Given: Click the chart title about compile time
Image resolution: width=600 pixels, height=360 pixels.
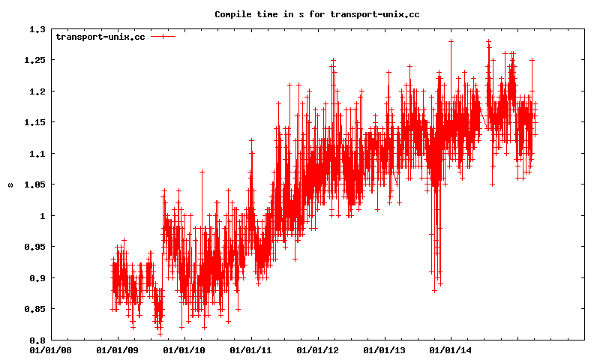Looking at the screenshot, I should pyautogui.click(x=316, y=14).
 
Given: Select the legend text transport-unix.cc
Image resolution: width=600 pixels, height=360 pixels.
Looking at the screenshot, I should pyautogui.click(x=100, y=37).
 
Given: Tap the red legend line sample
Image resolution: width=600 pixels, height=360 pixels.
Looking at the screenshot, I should pyautogui.click(x=163, y=37).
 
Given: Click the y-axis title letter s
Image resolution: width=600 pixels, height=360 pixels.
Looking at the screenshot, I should pyautogui.click(x=10, y=184).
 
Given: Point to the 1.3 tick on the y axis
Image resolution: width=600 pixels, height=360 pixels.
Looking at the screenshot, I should pyautogui.click(x=37, y=29).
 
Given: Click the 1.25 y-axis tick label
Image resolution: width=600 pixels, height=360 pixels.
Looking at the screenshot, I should pyautogui.click(x=34, y=60).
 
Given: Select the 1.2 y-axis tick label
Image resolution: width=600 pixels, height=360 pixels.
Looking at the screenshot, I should pyautogui.click(x=37, y=91).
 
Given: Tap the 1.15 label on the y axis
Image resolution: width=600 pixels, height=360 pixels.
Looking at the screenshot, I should pyautogui.click(x=34, y=122).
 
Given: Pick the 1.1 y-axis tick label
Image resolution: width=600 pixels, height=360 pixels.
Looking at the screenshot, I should pyautogui.click(x=37, y=154).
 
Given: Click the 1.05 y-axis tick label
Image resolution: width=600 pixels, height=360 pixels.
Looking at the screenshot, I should pyautogui.click(x=34, y=184).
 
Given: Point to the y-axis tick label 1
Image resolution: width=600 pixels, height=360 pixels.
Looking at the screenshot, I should pyautogui.click(x=43, y=216).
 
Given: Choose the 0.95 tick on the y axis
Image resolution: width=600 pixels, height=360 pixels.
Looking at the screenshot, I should pyautogui.click(x=34, y=247).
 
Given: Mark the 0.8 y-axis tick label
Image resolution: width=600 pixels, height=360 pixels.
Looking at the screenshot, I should pyautogui.click(x=37, y=340).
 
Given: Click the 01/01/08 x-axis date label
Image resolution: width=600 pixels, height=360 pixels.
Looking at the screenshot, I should pyautogui.click(x=51, y=349).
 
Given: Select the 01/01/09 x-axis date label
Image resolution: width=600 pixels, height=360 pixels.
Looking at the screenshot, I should pyautogui.click(x=118, y=349).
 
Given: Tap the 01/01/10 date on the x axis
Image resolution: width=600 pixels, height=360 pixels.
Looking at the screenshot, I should pyautogui.click(x=184, y=349).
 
